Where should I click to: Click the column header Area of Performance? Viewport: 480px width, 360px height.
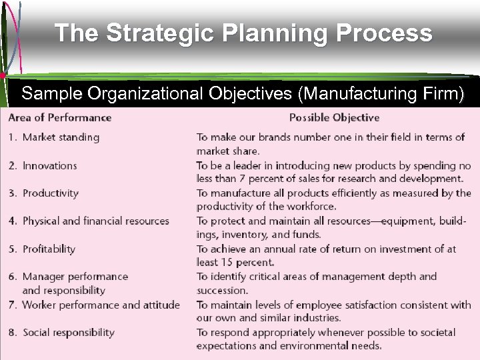pos(60,117)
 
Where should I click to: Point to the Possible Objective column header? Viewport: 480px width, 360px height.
pos(334,117)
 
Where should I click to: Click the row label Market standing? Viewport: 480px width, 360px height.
pos(61,137)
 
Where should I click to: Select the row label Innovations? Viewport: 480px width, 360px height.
pos(49,165)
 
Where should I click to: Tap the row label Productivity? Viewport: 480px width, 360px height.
pos(51,193)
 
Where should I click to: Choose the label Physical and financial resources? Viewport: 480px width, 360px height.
pos(96,221)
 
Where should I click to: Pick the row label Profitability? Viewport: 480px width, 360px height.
pos(49,249)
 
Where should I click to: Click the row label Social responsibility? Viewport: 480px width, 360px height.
pos(69,332)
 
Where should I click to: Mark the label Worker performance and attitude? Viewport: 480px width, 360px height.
pos(101,305)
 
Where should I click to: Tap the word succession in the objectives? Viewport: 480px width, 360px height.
pos(222,290)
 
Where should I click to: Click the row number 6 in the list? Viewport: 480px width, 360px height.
pos(12,277)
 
